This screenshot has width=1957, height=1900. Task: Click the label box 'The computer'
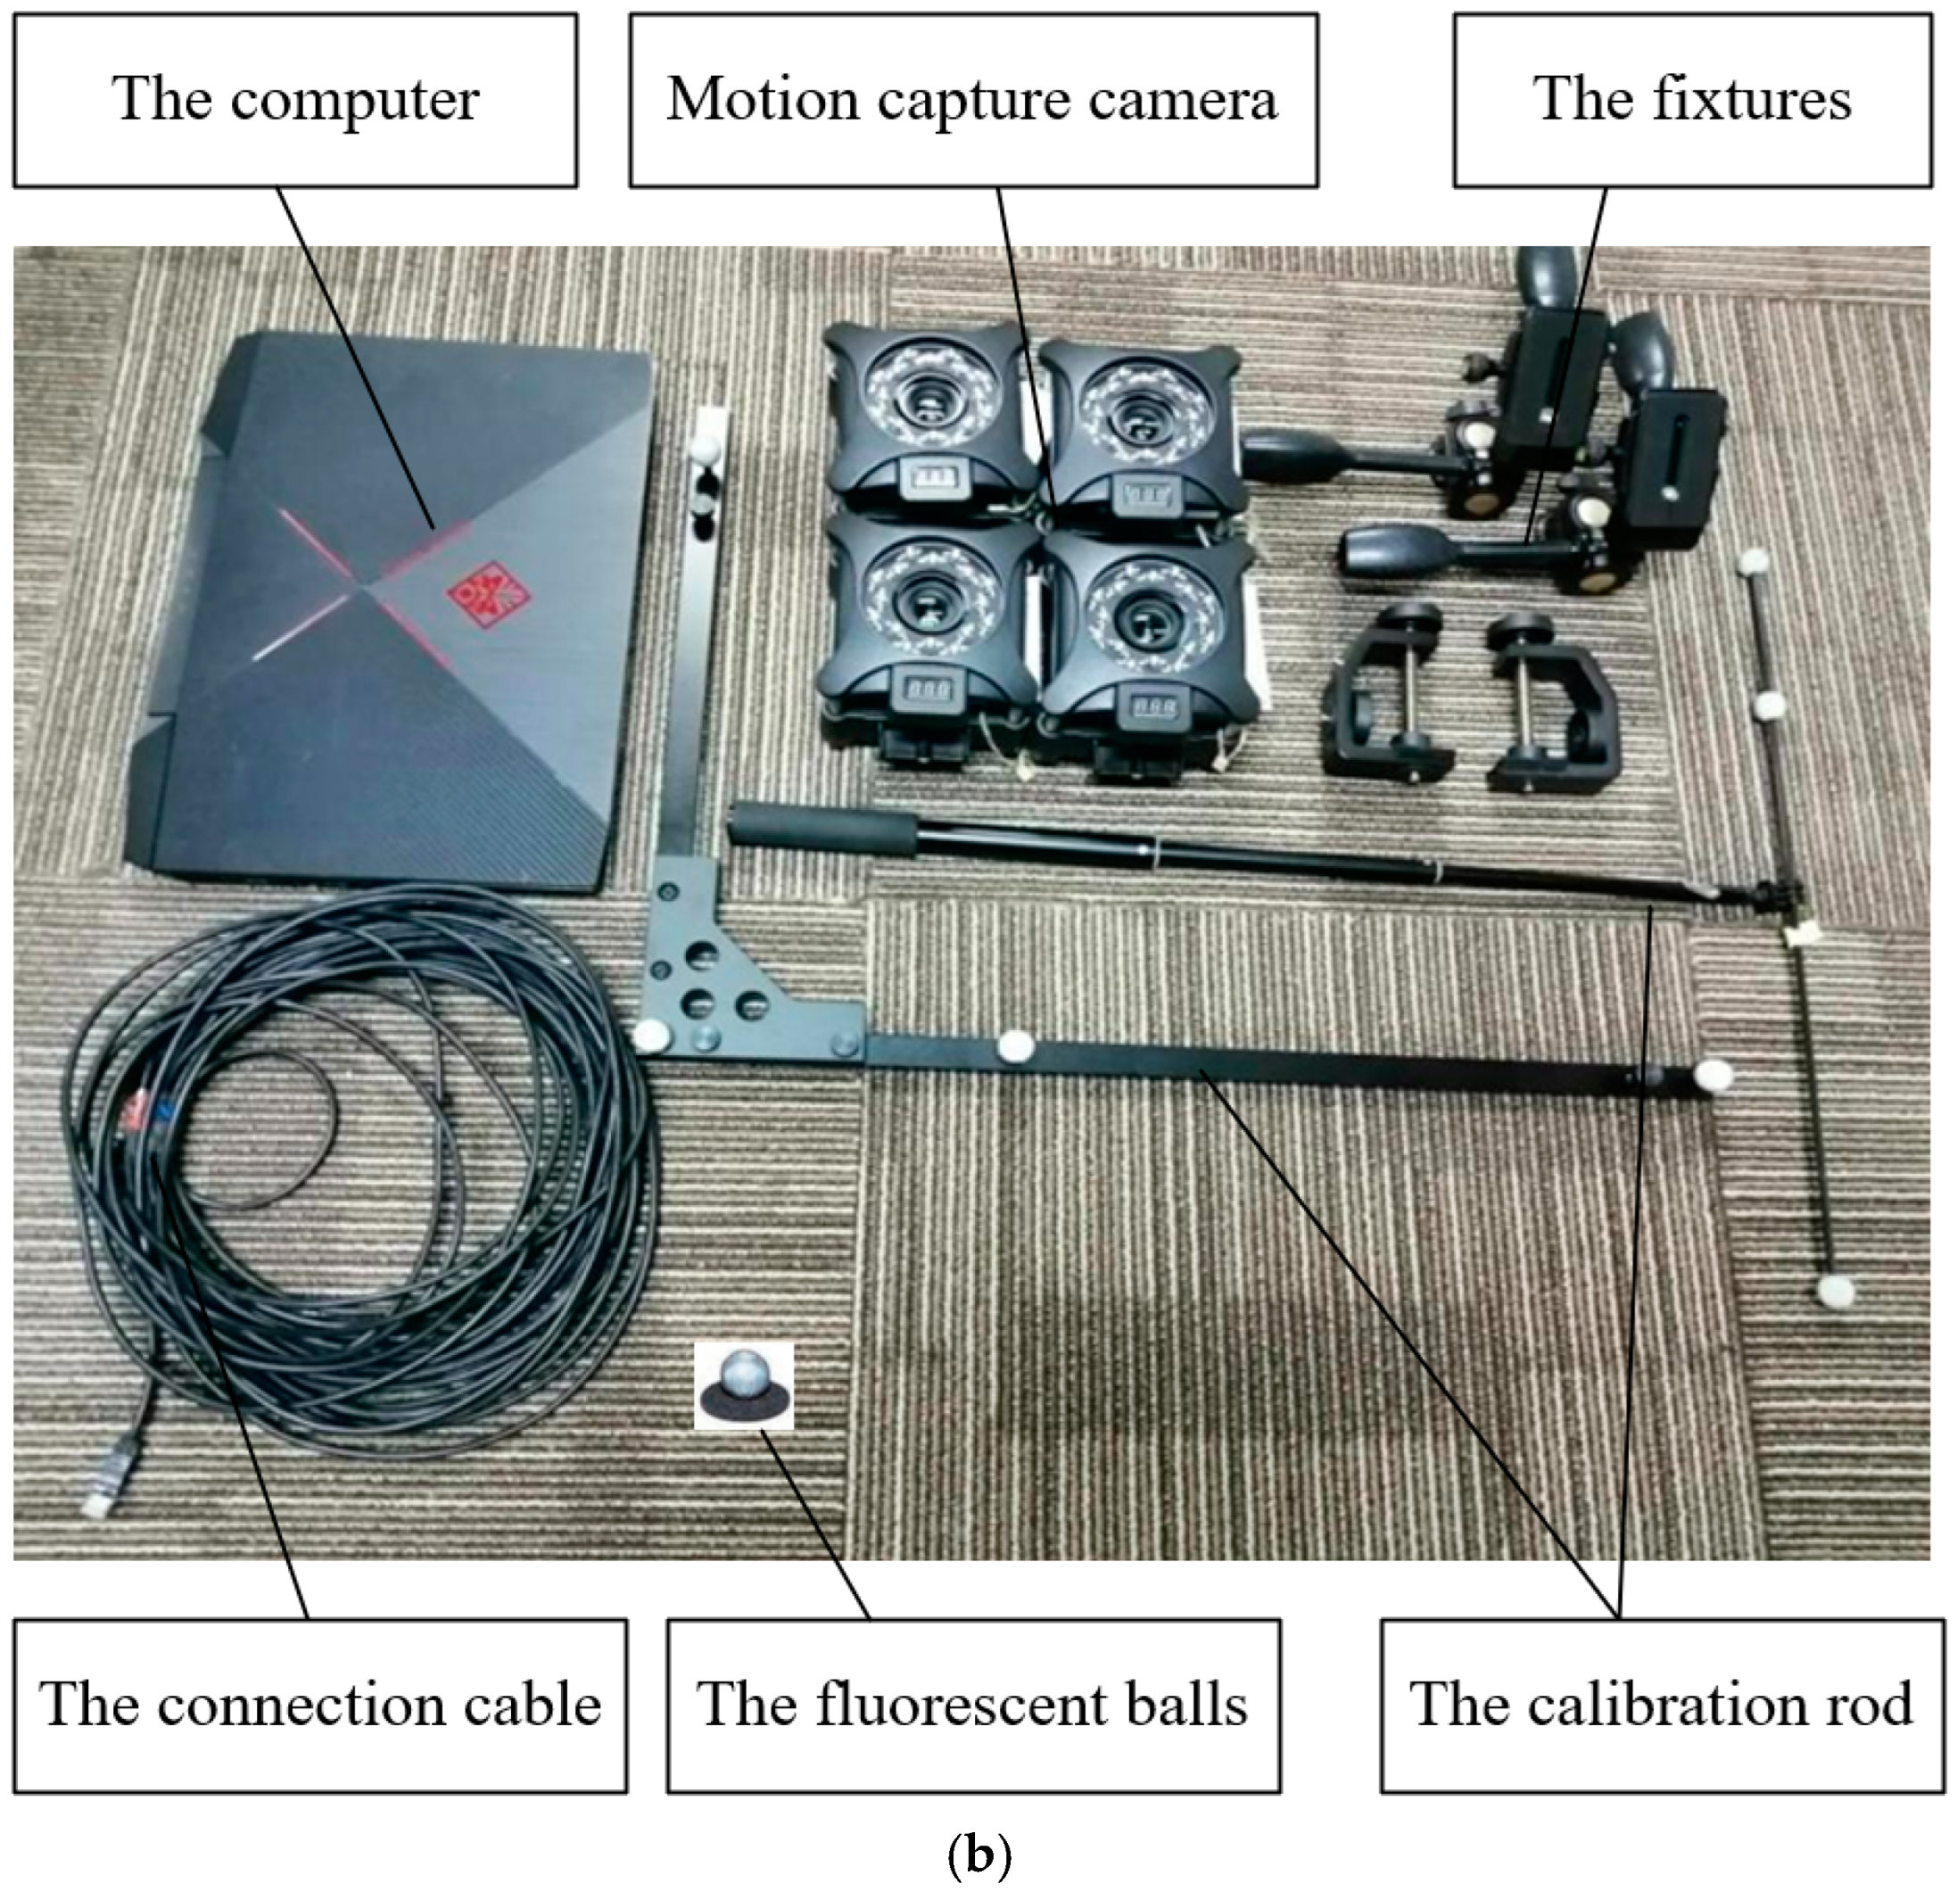pyautogui.click(x=295, y=100)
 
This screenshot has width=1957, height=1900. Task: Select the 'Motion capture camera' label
pyautogui.click(x=972, y=100)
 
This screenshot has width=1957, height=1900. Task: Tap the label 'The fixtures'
pyautogui.click(x=1691, y=100)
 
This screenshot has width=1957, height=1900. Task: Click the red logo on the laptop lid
pyautogui.click(x=487, y=597)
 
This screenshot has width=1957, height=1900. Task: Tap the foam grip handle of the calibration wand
pyautogui.click(x=823, y=829)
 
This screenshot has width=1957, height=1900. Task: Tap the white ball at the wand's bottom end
pyautogui.click(x=1834, y=1293)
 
